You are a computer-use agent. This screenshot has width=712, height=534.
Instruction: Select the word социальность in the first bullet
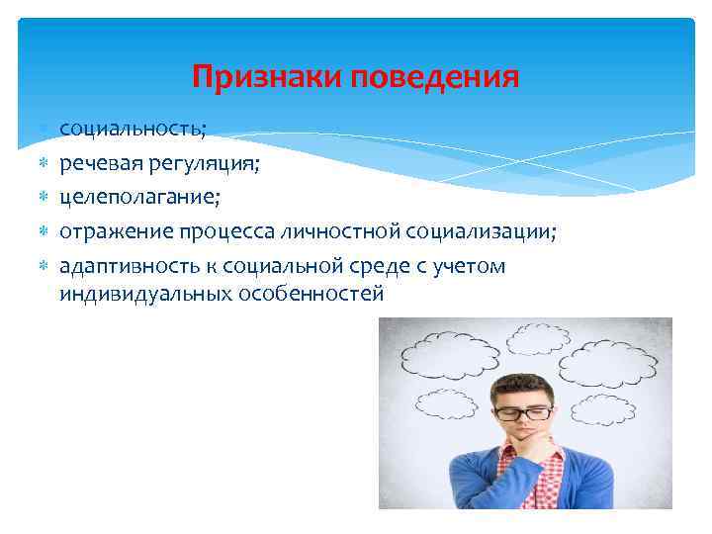coord(130,130)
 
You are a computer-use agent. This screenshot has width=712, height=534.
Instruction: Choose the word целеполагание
coord(139,197)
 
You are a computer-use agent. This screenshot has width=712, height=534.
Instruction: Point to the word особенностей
coord(311,294)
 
